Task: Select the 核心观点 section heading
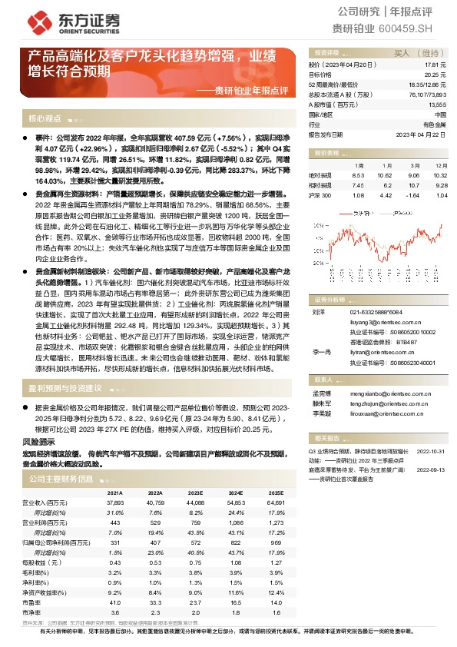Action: pos(45,119)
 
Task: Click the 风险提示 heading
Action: pos(39,441)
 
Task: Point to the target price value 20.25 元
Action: pos(435,75)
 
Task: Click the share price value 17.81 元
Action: pos(435,66)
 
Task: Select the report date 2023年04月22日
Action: pos(422,134)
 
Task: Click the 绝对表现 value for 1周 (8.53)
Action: pos(360,175)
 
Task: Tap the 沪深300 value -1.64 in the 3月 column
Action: pos(416,195)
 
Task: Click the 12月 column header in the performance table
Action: pos(441,165)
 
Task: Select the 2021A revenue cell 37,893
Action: pos(115,503)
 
